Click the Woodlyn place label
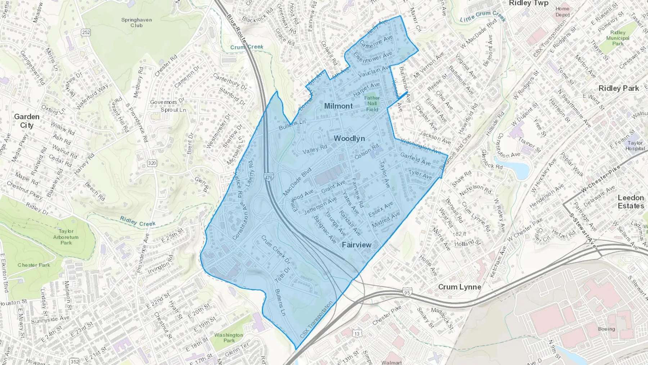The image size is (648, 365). coord(349,138)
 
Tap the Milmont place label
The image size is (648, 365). coord(338,106)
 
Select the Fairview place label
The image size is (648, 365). coord(356,245)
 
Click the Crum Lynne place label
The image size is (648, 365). coord(459,287)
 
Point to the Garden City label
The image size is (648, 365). coord(27,121)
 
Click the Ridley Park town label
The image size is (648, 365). coord(618,88)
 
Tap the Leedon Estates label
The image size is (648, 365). coord(631,202)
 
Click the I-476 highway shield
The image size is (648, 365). coord(268,178)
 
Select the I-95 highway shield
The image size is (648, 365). coord(407,292)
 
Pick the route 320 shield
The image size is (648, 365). coord(152,163)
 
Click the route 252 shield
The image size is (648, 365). coord(86,32)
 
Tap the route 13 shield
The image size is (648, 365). coord(356,334)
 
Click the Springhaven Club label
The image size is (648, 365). coord(136,23)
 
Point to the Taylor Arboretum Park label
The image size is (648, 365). coord(66,237)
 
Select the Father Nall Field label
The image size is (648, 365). coord(372,103)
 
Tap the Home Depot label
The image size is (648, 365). coord(562,12)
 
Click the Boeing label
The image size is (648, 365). coord(606,329)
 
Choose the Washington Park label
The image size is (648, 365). coord(229,338)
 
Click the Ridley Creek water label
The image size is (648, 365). coord(138,221)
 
